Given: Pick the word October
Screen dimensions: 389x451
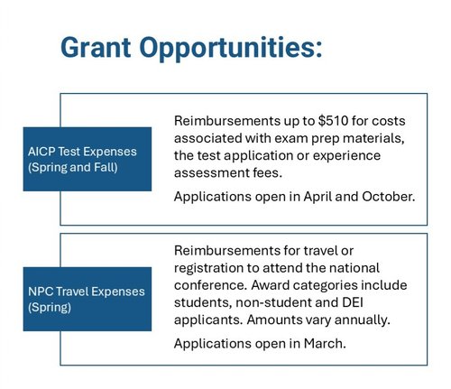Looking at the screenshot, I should click(383, 196).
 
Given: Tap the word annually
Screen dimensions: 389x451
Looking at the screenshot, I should click(377, 320).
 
